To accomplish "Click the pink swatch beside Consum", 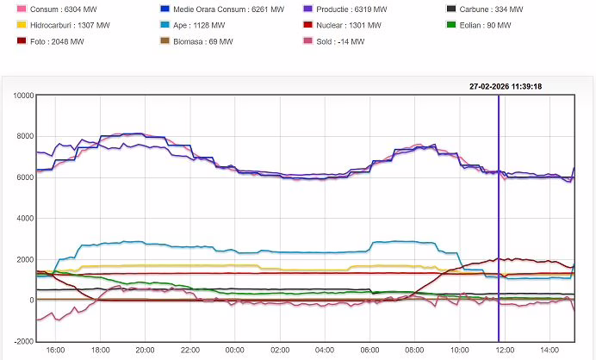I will click(x=22, y=9).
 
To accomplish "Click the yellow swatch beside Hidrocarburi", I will click(x=22, y=25).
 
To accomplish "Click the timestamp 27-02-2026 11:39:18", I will click(x=506, y=86).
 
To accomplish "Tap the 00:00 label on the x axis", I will click(x=234, y=351).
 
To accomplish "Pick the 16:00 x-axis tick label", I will click(x=56, y=351).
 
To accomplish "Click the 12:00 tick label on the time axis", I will click(x=506, y=351).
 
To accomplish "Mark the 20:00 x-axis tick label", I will click(x=146, y=351).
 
